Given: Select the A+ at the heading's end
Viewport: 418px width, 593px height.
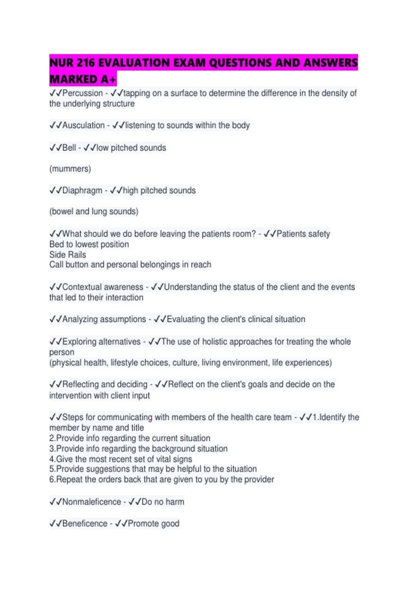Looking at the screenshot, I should coord(108,80).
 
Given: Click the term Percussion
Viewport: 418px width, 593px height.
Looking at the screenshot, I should coord(83,93).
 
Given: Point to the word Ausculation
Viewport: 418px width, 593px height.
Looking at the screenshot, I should coord(83,125).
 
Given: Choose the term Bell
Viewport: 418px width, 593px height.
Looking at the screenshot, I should coord(69,148).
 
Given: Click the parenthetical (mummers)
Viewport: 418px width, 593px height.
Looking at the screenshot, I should coord(70,169).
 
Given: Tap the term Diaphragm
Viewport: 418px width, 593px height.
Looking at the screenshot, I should coord(82,190).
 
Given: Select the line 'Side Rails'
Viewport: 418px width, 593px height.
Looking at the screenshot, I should coord(68,255).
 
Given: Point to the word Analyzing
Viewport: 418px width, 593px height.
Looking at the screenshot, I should coord(80,319).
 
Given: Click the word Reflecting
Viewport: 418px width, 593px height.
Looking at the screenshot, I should coord(80,384).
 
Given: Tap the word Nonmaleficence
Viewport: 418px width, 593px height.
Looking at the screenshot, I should coord(92,502).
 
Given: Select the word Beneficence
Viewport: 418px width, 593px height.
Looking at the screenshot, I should coord(85,524).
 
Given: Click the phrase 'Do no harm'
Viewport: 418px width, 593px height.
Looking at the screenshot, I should coord(163,502).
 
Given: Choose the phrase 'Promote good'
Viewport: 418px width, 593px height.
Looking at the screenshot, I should coord(153,524).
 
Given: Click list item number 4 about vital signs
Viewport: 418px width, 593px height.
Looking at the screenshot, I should coord(121,459).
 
